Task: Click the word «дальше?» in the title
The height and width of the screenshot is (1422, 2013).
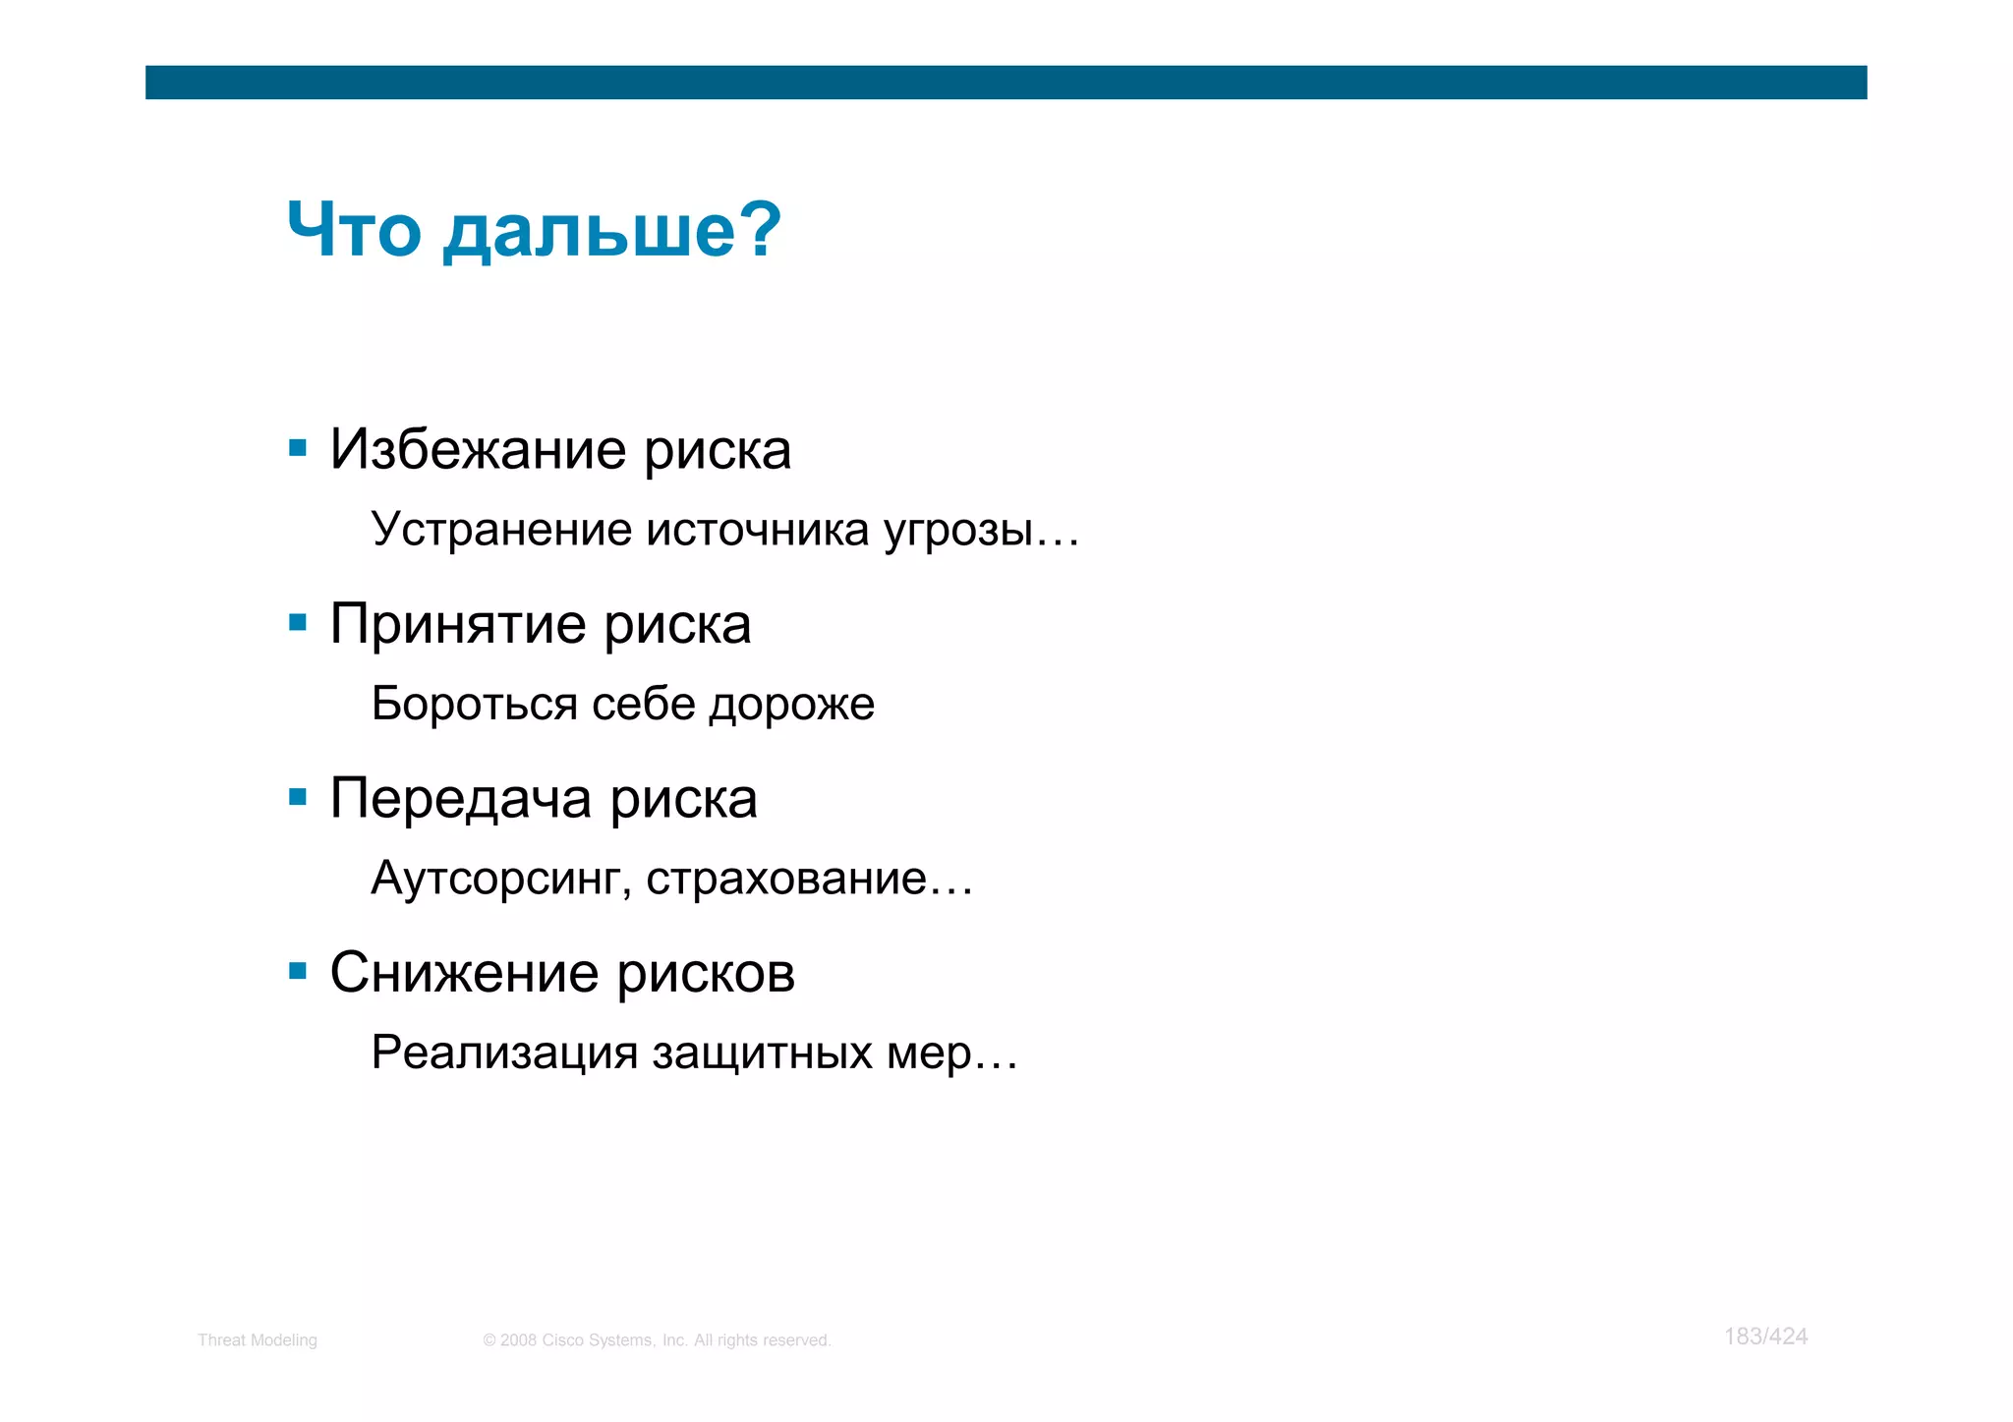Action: pyautogui.click(x=611, y=230)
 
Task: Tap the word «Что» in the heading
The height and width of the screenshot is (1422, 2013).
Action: pyautogui.click(x=354, y=230)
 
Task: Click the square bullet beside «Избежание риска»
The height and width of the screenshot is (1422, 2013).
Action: pyautogui.click(x=298, y=448)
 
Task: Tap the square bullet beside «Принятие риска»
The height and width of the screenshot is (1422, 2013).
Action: pyautogui.click(x=298, y=622)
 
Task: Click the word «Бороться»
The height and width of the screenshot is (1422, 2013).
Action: pyautogui.click(x=474, y=704)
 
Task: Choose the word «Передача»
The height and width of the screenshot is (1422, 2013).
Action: pyautogui.click(x=461, y=798)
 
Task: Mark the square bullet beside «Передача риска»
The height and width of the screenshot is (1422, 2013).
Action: pyautogui.click(x=298, y=796)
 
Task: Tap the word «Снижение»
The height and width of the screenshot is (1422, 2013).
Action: pyautogui.click(x=464, y=973)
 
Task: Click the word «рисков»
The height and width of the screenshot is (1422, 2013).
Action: pyautogui.click(x=706, y=974)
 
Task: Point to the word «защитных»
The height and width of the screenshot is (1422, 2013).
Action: pyautogui.click(x=762, y=1053)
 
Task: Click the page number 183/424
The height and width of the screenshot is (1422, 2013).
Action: pyautogui.click(x=1765, y=1337)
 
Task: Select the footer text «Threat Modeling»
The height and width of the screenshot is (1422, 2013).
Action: pyautogui.click(x=258, y=1340)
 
